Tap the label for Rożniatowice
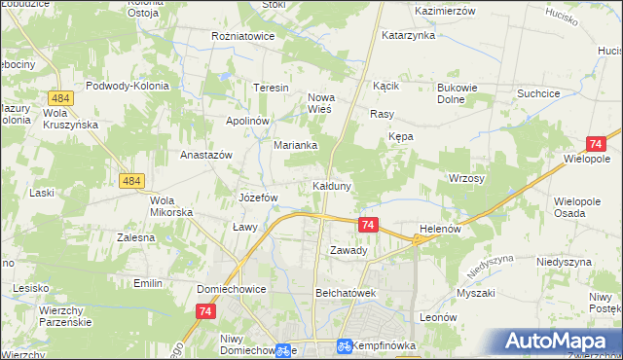(x=243, y=36)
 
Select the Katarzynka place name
(x=408, y=36)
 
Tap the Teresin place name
(x=272, y=88)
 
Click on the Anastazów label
(x=205, y=155)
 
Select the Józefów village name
(x=259, y=198)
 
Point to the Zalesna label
(x=136, y=236)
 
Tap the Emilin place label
(x=148, y=282)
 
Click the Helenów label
(x=438, y=229)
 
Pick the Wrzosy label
(x=466, y=179)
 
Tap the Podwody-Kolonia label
(x=128, y=86)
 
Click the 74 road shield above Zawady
(x=368, y=225)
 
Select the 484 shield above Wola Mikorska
(x=133, y=181)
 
